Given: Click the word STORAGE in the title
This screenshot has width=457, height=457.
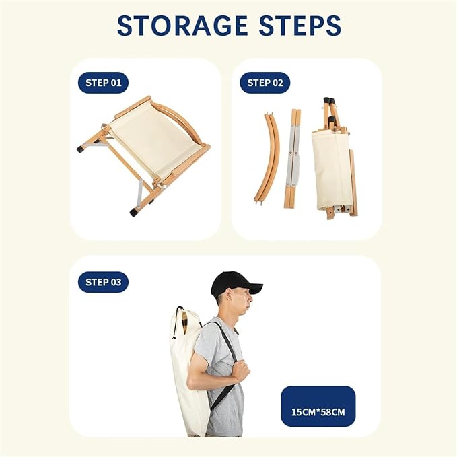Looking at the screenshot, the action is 182,26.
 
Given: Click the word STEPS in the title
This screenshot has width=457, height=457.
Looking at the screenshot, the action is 300,26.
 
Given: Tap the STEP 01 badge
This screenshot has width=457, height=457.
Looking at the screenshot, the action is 103,83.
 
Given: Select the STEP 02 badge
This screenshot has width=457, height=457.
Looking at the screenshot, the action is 265,83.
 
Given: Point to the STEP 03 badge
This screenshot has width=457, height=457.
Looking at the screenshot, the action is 103,282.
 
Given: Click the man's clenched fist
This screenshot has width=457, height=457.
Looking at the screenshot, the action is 242,371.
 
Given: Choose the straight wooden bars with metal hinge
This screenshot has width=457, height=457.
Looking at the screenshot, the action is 293,159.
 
